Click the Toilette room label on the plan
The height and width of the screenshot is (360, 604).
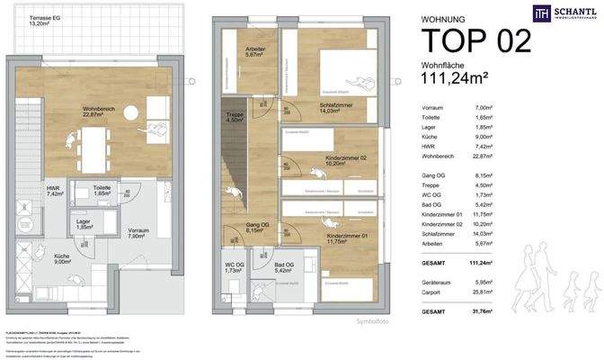click(108, 190)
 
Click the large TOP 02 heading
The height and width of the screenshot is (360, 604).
click(475, 40)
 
